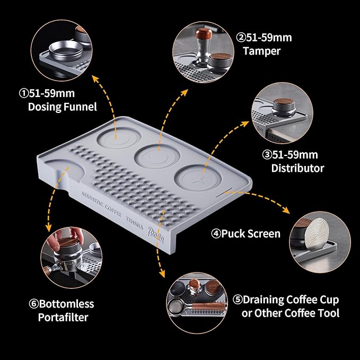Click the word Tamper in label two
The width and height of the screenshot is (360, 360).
(261, 51)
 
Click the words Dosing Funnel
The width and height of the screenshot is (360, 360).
(62, 107)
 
